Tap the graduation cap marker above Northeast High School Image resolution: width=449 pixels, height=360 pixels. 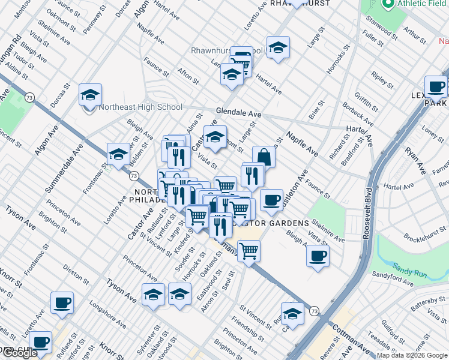click(x=90, y=95)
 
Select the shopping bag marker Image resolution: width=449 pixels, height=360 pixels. click(x=264, y=157)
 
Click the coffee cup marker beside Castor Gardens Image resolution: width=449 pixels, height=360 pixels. click(x=271, y=200)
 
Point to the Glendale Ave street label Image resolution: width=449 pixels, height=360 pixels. click(x=239, y=113)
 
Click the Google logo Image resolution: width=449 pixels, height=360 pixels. click(x=19, y=353)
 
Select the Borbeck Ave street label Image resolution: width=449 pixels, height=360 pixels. click(x=358, y=115)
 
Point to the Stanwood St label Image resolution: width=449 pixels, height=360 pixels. click(x=380, y=29)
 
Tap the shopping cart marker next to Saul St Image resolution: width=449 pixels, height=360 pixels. click(x=249, y=251)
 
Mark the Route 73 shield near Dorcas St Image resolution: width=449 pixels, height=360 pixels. click(x=29, y=96)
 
